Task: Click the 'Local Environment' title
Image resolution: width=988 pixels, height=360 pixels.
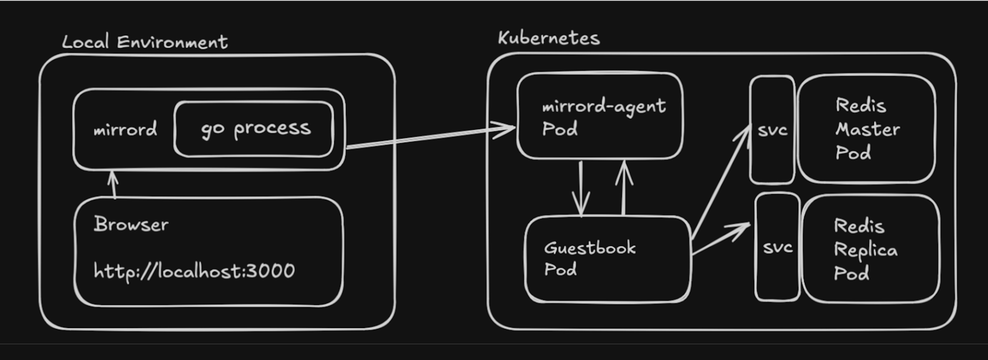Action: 145,42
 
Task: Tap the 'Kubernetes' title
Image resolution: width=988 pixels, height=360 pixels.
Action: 549,38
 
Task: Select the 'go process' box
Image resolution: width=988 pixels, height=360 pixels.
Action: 254,129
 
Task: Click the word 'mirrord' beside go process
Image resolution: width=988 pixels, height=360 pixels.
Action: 125,130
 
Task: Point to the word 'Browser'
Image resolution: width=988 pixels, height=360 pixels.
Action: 131,225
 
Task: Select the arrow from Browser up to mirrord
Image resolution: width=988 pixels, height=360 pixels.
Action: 113,184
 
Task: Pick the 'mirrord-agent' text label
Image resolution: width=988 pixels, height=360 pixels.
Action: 604,107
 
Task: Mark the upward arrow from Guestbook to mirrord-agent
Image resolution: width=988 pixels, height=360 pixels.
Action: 624,187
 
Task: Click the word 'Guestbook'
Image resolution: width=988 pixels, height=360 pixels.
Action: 590,248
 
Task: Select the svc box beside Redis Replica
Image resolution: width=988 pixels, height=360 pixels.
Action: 778,247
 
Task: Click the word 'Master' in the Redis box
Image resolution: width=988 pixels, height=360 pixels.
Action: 868,130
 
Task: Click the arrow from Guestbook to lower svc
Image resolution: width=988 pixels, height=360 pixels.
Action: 721,239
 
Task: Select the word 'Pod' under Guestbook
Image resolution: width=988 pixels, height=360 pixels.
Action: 561,270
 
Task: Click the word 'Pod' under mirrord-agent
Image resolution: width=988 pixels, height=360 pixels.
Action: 560,129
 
